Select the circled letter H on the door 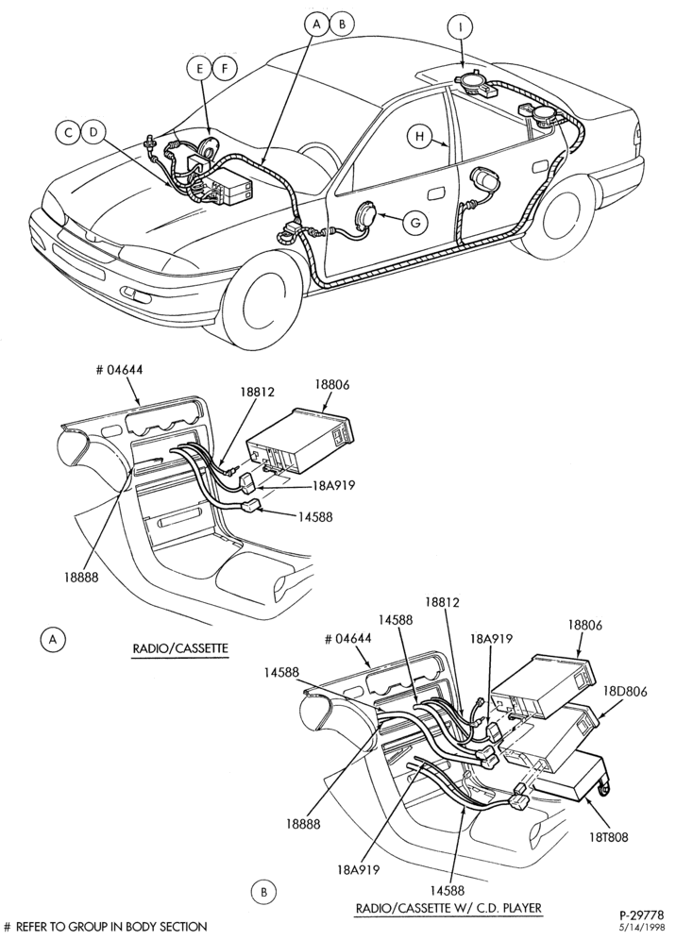[x=419, y=137]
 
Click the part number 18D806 [x=624, y=691]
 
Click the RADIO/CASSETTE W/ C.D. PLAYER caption [x=448, y=908]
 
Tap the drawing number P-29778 [x=642, y=915]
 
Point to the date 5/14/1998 [x=645, y=927]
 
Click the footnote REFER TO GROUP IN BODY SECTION [x=110, y=927]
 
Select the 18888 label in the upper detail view [x=82, y=577]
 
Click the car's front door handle [x=436, y=194]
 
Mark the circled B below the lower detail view [x=263, y=893]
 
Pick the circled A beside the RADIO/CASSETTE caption [x=54, y=639]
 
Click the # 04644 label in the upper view [x=119, y=370]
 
